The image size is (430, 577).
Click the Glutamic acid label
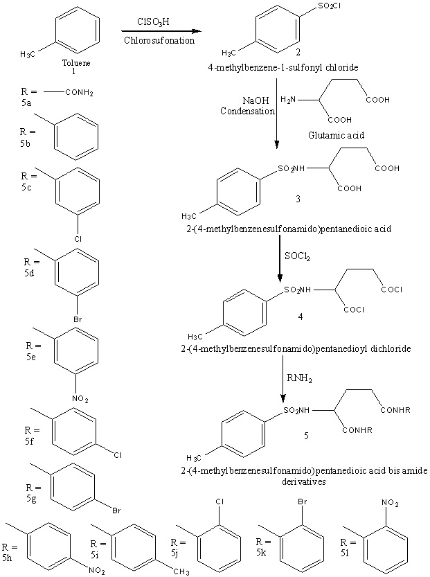338,136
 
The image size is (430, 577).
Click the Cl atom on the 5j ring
218,500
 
